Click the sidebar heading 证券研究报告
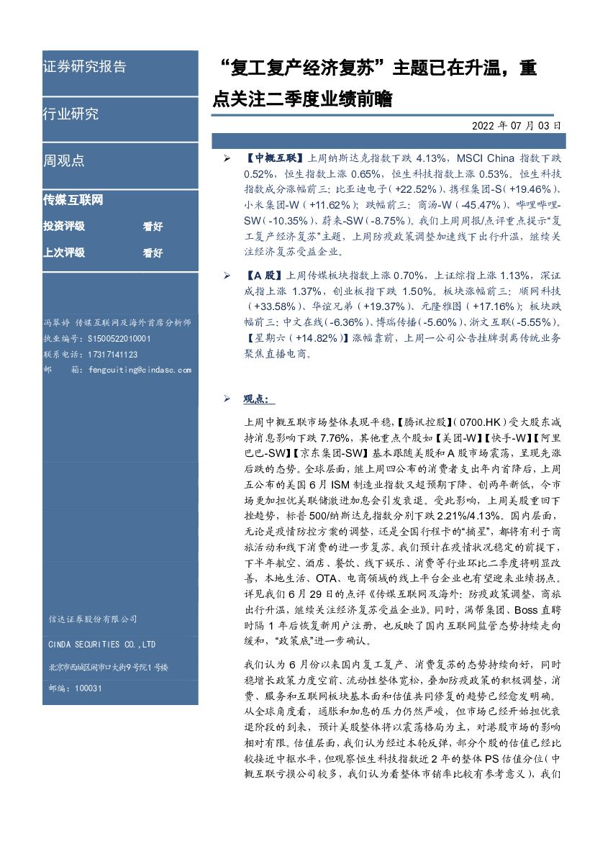point(84,67)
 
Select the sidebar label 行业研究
point(71,114)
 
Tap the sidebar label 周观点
point(63,160)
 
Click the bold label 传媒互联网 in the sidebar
point(73,201)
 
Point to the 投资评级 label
point(64,227)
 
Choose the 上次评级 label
point(64,253)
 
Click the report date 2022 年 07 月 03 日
point(516,125)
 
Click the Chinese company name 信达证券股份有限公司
point(93,619)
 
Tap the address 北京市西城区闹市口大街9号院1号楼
point(108,667)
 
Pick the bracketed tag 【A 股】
point(264,275)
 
